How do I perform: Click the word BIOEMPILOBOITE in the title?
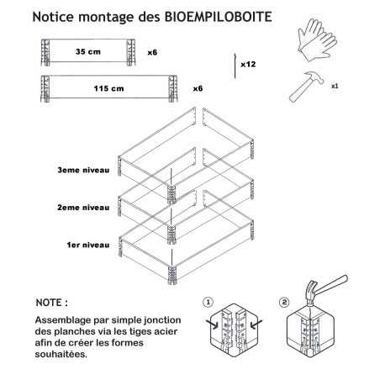pyautogui.click(x=218, y=17)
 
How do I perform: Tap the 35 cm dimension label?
pyautogui.click(x=88, y=52)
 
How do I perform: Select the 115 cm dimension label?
pyautogui.click(x=108, y=88)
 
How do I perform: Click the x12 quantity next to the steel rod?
pyautogui.click(x=248, y=64)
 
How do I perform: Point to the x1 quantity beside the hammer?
pyautogui.click(x=335, y=86)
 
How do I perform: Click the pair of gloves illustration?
pyautogui.click(x=317, y=40)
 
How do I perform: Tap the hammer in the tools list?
pyautogui.click(x=306, y=87)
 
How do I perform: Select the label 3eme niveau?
pyautogui.click(x=83, y=170)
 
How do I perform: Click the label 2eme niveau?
pyautogui.click(x=83, y=208)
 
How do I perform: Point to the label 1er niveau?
pyautogui.click(x=88, y=245)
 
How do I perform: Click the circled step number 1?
pyautogui.click(x=208, y=303)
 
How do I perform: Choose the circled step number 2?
pyautogui.click(x=284, y=303)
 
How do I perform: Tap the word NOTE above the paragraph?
pyautogui.click(x=49, y=303)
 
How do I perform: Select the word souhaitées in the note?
pyautogui.click(x=61, y=354)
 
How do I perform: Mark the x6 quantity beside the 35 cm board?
pyautogui.click(x=152, y=52)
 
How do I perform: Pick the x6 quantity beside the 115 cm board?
pyautogui.click(x=198, y=88)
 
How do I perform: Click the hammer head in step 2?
pyautogui.click(x=310, y=293)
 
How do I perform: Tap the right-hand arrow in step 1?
pyautogui.click(x=256, y=325)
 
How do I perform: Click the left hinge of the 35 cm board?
pyautogui.click(x=45, y=52)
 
